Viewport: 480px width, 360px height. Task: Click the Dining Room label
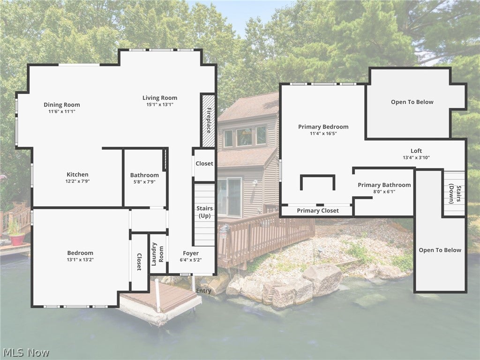coord(62,105)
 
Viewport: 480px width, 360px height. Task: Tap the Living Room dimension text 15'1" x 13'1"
coord(160,105)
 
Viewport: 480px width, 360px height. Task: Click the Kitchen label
coord(77,174)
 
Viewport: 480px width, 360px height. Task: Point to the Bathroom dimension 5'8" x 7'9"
coord(144,181)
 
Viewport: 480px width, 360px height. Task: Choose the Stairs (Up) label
coord(204,212)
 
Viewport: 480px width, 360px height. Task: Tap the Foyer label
coord(191,253)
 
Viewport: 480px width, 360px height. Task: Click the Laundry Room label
coord(157,254)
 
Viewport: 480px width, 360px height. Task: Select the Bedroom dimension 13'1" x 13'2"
coord(80,260)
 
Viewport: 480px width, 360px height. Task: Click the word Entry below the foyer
coord(203,291)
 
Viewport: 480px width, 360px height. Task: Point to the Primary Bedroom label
coord(323,127)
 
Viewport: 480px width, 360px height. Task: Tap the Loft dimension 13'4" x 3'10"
coord(416,157)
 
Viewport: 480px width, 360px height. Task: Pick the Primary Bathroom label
coord(384,185)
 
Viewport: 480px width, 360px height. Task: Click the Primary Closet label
coord(318,210)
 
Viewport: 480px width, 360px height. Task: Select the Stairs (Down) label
coord(455,194)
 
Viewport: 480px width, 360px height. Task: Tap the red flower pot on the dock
coord(17,240)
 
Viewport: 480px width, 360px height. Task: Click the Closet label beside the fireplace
coord(204,164)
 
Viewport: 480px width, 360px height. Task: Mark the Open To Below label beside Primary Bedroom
coord(412,102)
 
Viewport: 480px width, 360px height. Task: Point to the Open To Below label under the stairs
coord(440,250)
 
